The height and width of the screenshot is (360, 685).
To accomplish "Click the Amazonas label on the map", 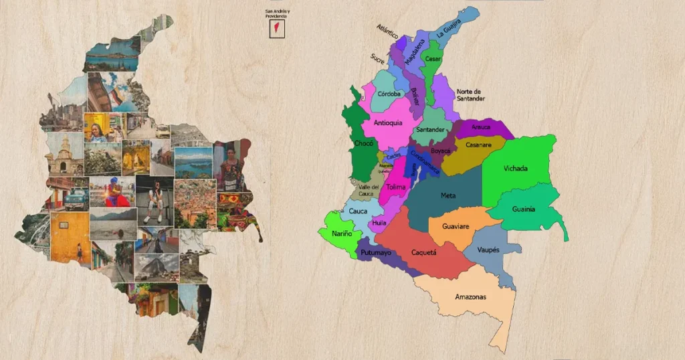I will tap(470, 296).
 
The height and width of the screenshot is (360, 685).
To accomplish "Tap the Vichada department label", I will tap(515, 169).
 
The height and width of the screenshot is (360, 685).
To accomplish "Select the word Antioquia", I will tap(387, 122).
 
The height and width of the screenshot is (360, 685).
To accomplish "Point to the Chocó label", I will tap(363, 144).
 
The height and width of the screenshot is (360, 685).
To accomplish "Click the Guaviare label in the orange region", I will tap(458, 227).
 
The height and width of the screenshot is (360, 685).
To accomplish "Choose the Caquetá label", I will tap(423, 253).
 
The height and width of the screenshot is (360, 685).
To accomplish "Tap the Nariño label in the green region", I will tap(340, 234).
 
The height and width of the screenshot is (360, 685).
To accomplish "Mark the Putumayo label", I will tap(376, 253).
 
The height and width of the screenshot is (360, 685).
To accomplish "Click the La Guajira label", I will tap(450, 30).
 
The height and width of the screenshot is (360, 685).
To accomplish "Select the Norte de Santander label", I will tap(471, 95).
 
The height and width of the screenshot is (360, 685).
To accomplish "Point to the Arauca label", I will tap(481, 127).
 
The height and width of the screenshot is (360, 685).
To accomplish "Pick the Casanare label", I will tap(478, 145).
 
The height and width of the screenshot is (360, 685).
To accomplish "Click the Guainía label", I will tap(524, 209).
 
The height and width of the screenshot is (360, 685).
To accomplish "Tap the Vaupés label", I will tap(488, 250).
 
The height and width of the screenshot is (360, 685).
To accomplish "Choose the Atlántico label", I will tap(387, 31).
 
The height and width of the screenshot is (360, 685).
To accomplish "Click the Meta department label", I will tap(448, 195).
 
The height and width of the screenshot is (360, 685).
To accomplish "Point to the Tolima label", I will tap(395, 187).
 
